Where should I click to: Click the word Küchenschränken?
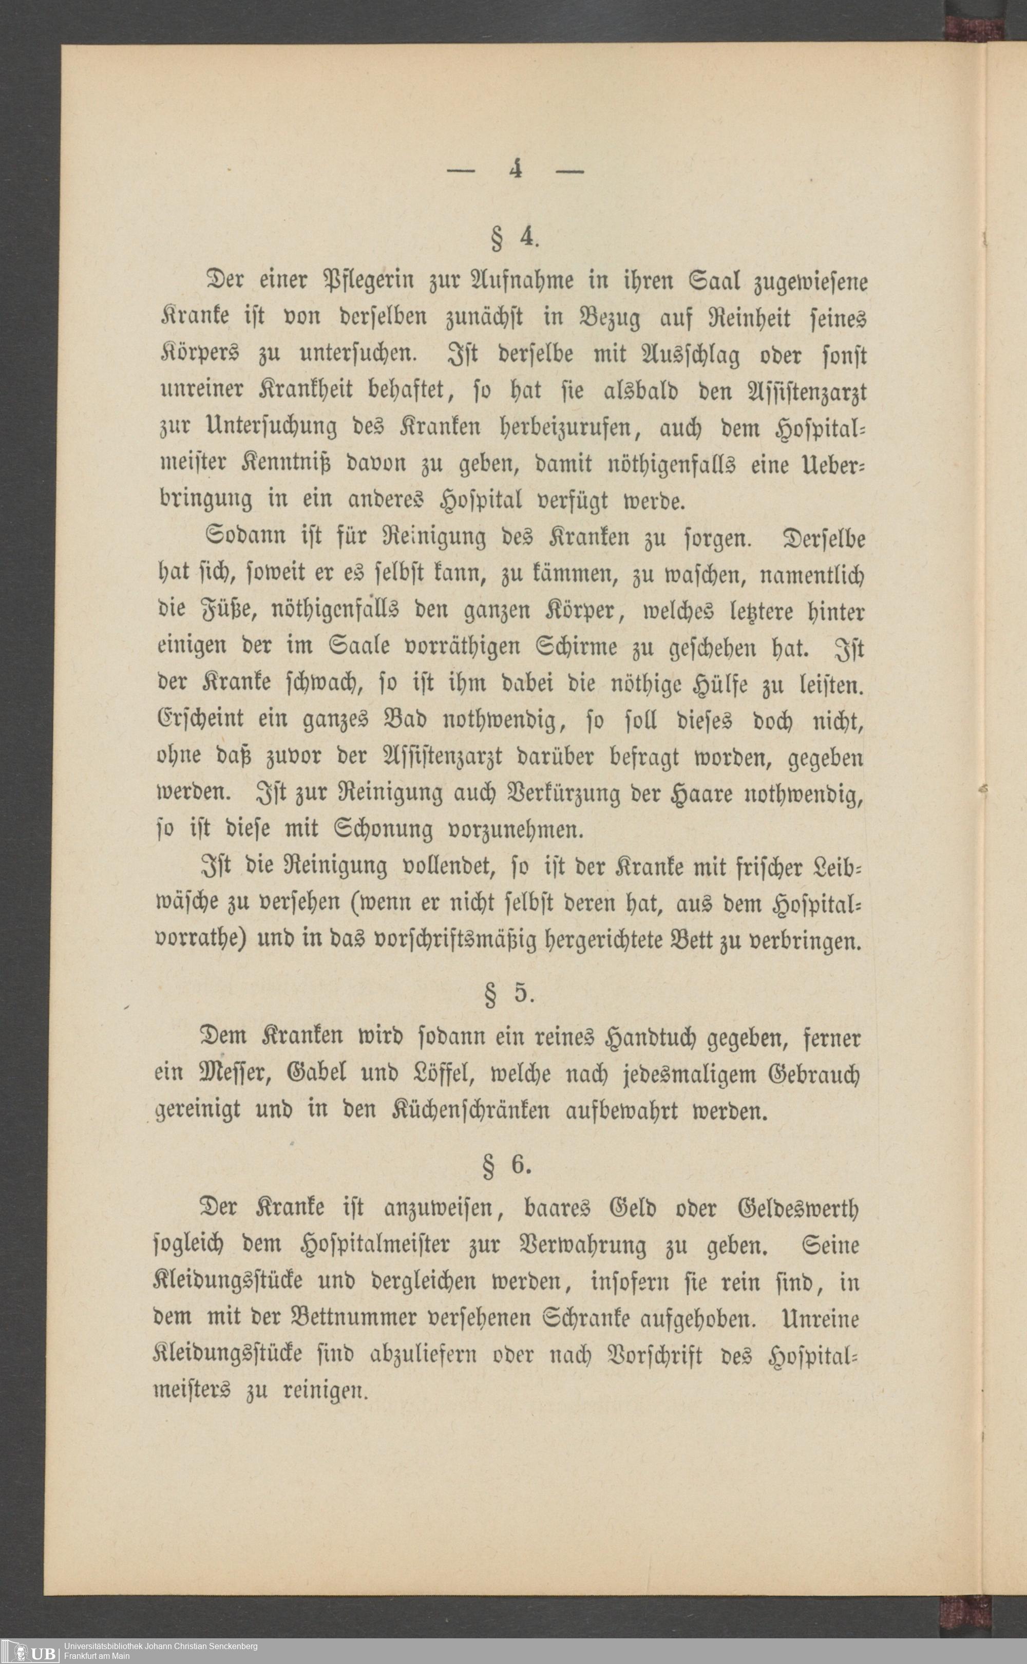click(470, 1112)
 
